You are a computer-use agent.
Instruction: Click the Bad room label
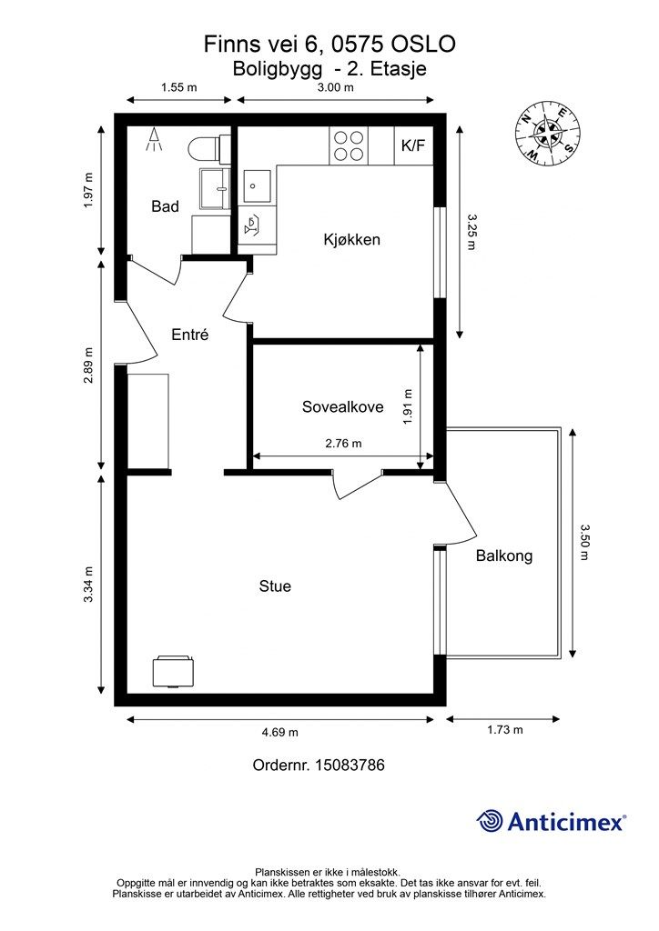165,206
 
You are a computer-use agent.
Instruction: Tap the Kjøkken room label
351,239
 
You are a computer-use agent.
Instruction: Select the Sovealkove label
343,406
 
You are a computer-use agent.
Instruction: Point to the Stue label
275,586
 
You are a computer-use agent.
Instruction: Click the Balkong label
504,556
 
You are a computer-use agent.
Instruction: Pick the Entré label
190,335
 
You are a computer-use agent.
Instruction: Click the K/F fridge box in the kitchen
413,145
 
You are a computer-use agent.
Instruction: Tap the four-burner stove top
349,145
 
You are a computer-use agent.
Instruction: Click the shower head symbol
155,139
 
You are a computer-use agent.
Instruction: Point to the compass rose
548,132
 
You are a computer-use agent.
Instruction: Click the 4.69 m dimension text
280,732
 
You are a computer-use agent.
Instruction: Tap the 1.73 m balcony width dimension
505,730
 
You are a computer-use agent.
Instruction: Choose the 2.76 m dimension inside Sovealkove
343,443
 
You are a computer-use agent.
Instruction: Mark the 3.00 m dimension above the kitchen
335,87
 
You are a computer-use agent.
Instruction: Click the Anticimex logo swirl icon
489,821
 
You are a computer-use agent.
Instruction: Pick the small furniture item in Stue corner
173,672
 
